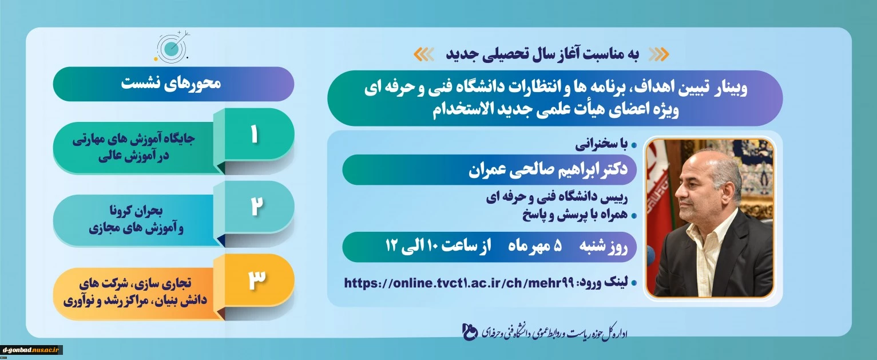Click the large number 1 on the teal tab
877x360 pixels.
255,135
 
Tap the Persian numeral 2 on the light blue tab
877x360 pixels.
256,206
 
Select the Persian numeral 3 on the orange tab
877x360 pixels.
257,279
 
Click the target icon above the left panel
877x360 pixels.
172,47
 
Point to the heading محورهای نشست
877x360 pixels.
171,84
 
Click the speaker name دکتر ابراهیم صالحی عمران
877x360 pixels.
548,169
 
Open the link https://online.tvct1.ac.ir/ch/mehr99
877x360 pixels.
459,283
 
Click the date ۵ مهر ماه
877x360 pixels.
535,247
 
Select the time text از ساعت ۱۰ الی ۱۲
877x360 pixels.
438,247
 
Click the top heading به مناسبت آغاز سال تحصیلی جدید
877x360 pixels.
542,54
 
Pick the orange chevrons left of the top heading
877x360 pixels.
423,55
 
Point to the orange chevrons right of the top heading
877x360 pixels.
659,55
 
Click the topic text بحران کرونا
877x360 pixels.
136,211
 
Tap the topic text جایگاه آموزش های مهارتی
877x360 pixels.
133,140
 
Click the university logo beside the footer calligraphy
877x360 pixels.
470,332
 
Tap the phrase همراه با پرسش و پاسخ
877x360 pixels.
575,215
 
